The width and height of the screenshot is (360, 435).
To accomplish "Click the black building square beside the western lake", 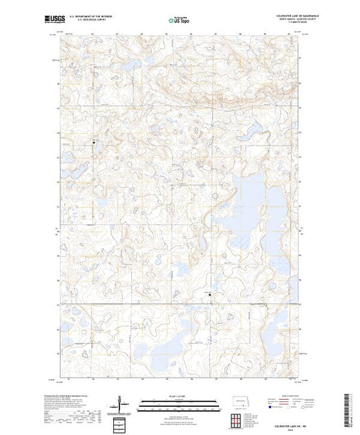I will coord(94,142).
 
